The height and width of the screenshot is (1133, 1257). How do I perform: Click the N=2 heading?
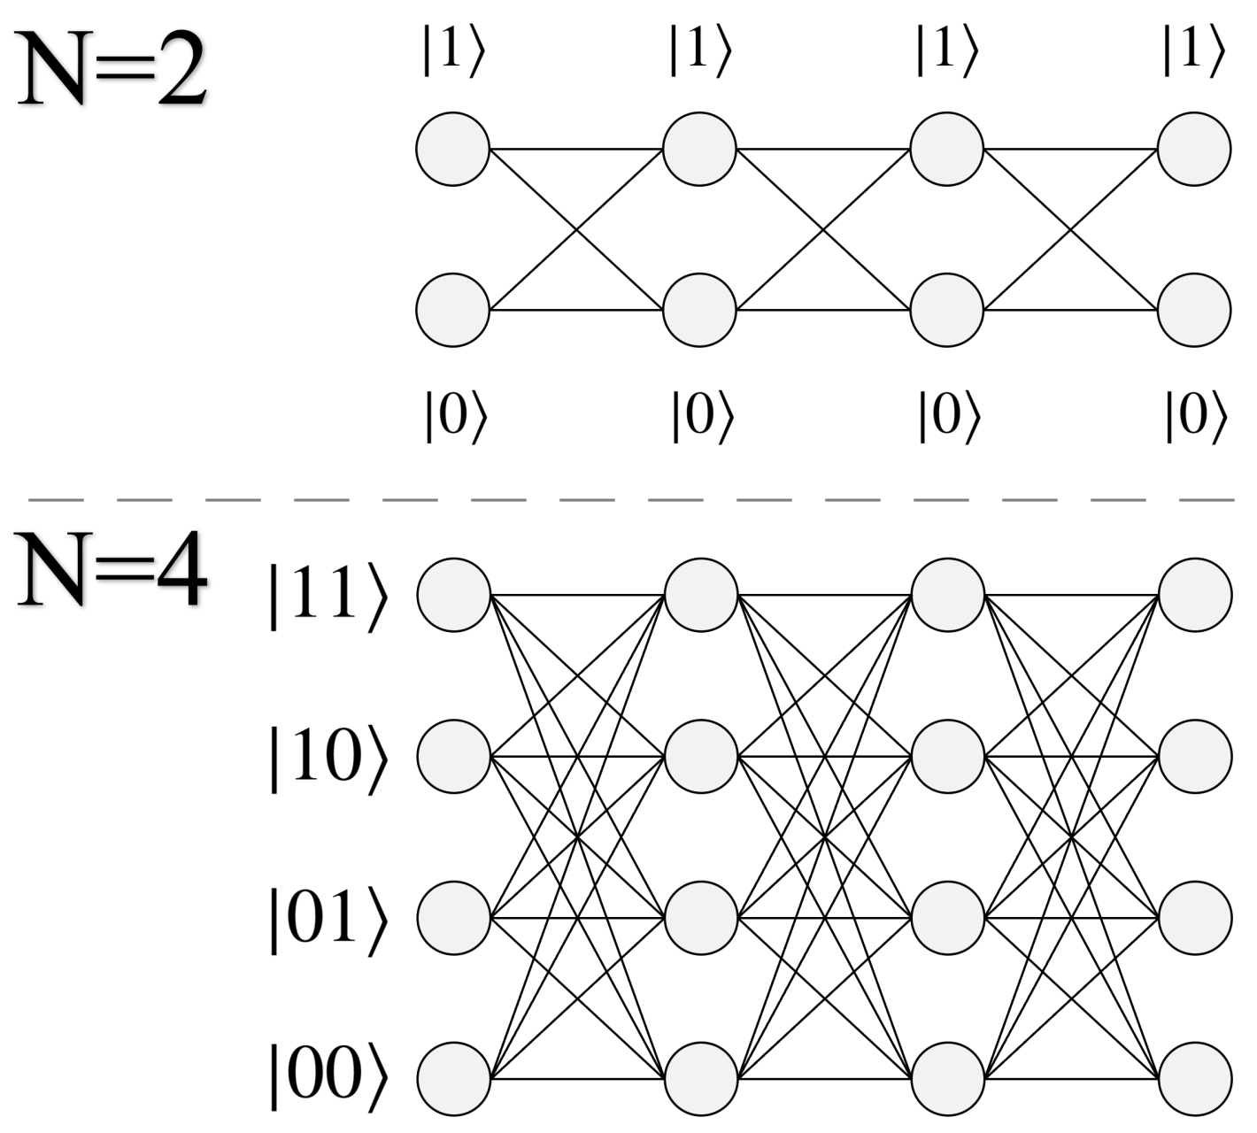coord(112,68)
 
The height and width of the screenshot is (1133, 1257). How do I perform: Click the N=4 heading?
coord(112,571)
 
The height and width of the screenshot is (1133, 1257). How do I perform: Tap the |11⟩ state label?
coord(328,596)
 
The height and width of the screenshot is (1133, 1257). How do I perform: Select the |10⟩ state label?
coord(328,758)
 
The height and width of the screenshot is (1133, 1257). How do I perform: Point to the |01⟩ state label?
coord(328,919)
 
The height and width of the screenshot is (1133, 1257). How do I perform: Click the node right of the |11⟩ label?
coord(453,595)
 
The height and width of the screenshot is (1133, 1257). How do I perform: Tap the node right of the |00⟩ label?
coord(453,1079)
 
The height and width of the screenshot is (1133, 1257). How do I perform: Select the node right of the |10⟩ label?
coord(453,757)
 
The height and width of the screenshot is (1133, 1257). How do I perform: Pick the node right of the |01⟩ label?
coord(453,918)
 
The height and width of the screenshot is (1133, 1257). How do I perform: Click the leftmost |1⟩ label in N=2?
coord(453,51)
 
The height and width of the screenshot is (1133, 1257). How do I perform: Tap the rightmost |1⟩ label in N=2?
coord(1193,51)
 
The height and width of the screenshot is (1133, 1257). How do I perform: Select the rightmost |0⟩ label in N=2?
coord(1195,416)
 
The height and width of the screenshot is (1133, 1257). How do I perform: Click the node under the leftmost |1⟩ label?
coord(453,149)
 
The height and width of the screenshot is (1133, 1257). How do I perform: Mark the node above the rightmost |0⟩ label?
coord(1194,311)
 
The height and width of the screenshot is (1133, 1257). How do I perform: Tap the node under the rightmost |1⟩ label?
coord(1194,149)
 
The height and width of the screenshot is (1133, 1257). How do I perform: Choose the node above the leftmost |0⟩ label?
coord(453,311)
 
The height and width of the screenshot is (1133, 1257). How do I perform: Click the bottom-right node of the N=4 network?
coord(1195,1079)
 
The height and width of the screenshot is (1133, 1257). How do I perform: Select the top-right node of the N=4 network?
coord(1195,595)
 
